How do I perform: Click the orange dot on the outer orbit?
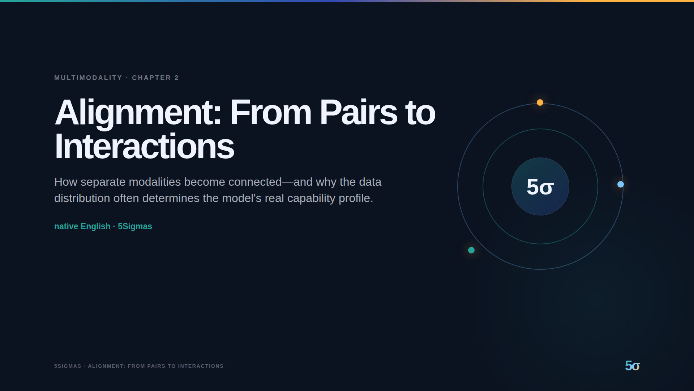tap(540, 102)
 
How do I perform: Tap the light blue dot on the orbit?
tap(621, 184)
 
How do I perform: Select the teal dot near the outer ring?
tap(471, 250)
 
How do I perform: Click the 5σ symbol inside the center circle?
tap(540, 187)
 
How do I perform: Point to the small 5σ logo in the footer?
tap(632, 366)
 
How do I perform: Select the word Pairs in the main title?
tap(358, 112)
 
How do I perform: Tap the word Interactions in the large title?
tap(144, 146)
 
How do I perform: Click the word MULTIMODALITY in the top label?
tap(88, 78)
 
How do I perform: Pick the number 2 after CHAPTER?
tap(177, 78)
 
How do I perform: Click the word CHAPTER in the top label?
tap(151, 78)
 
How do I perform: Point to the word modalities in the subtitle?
tap(155, 182)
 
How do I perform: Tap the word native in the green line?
tap(66, 226)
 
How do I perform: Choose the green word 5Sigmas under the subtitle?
tap(135, 226)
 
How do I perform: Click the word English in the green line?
tap(95, 227)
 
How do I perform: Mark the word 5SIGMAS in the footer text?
tap(68, 366)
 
